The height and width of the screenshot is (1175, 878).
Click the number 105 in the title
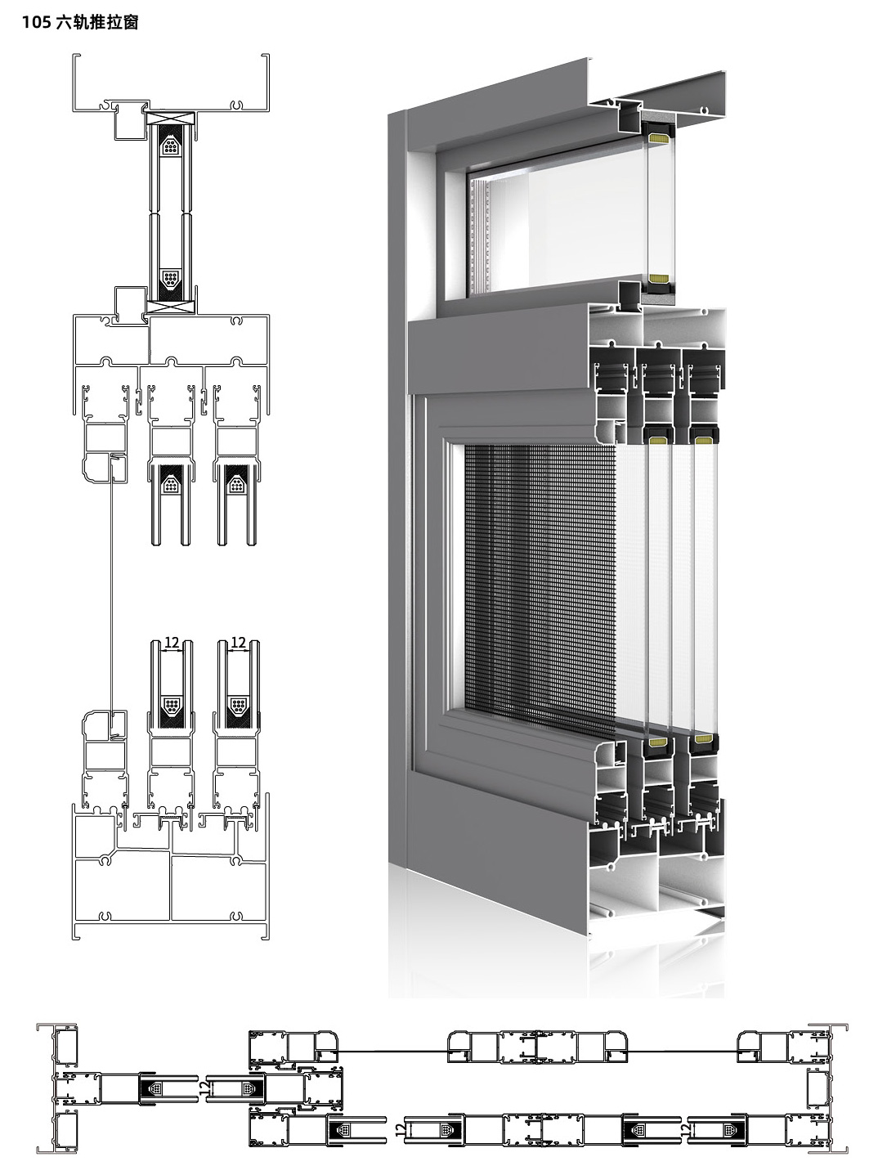[x=37, y=22]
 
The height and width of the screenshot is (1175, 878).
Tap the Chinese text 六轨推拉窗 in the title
[x=96, y=22]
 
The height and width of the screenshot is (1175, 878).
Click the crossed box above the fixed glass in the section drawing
[x=171, y=119]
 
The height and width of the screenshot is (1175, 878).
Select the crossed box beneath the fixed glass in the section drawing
[x=171, y=307]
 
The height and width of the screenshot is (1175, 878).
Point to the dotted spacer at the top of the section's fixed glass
[x=171, y=145]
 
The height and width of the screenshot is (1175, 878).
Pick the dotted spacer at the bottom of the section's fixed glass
[x=171, y=279]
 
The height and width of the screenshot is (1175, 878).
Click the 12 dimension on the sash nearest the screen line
[x=172, y=642]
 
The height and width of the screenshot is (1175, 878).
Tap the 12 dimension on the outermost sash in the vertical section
[x=238, y=642]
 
